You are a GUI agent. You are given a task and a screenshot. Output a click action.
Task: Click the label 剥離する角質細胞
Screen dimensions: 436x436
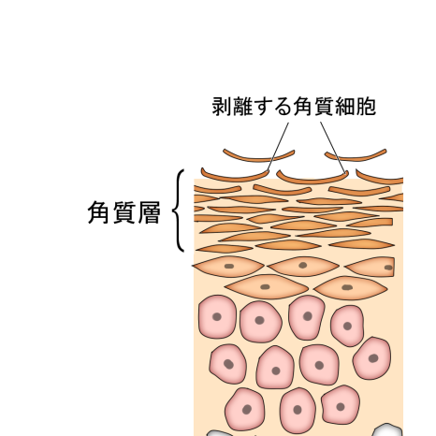pos(294,107)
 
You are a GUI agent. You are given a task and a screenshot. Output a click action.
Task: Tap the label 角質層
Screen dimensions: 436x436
pos(124,212)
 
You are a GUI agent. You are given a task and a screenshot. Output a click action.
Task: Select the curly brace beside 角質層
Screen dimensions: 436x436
pos(178,211)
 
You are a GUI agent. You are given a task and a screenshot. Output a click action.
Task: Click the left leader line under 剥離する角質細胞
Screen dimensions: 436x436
pos(278,147)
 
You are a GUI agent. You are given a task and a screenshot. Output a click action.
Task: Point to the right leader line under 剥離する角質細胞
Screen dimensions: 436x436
pos(333,147)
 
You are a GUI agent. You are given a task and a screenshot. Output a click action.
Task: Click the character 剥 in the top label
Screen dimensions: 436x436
pos(222,107)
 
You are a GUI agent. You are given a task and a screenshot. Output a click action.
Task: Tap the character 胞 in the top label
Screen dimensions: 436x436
pos(366,107)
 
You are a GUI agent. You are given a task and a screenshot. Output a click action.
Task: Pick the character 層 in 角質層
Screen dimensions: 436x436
pos(149,212)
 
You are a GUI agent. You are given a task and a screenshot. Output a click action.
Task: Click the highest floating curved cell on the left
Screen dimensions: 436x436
pos(259,159)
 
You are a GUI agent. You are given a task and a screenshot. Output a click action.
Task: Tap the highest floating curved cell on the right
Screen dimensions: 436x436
pos(356,158)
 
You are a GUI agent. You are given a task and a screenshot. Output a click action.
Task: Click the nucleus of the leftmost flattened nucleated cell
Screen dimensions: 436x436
pos(229,266)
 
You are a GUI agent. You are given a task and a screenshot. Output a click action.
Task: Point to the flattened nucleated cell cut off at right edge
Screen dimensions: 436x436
pos(371,267)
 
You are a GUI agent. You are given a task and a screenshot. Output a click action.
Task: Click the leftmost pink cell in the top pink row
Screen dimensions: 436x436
pos(217,317)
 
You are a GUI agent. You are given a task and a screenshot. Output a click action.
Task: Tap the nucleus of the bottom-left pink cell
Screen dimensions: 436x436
pos(247,409)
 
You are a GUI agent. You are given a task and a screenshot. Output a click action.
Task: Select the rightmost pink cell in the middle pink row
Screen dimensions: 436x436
pos(372,358)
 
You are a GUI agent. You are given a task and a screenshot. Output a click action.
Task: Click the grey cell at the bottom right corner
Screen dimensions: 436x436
pos(387,430)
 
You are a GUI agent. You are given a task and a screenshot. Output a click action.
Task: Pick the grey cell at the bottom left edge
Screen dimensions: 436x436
pos(218,433)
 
